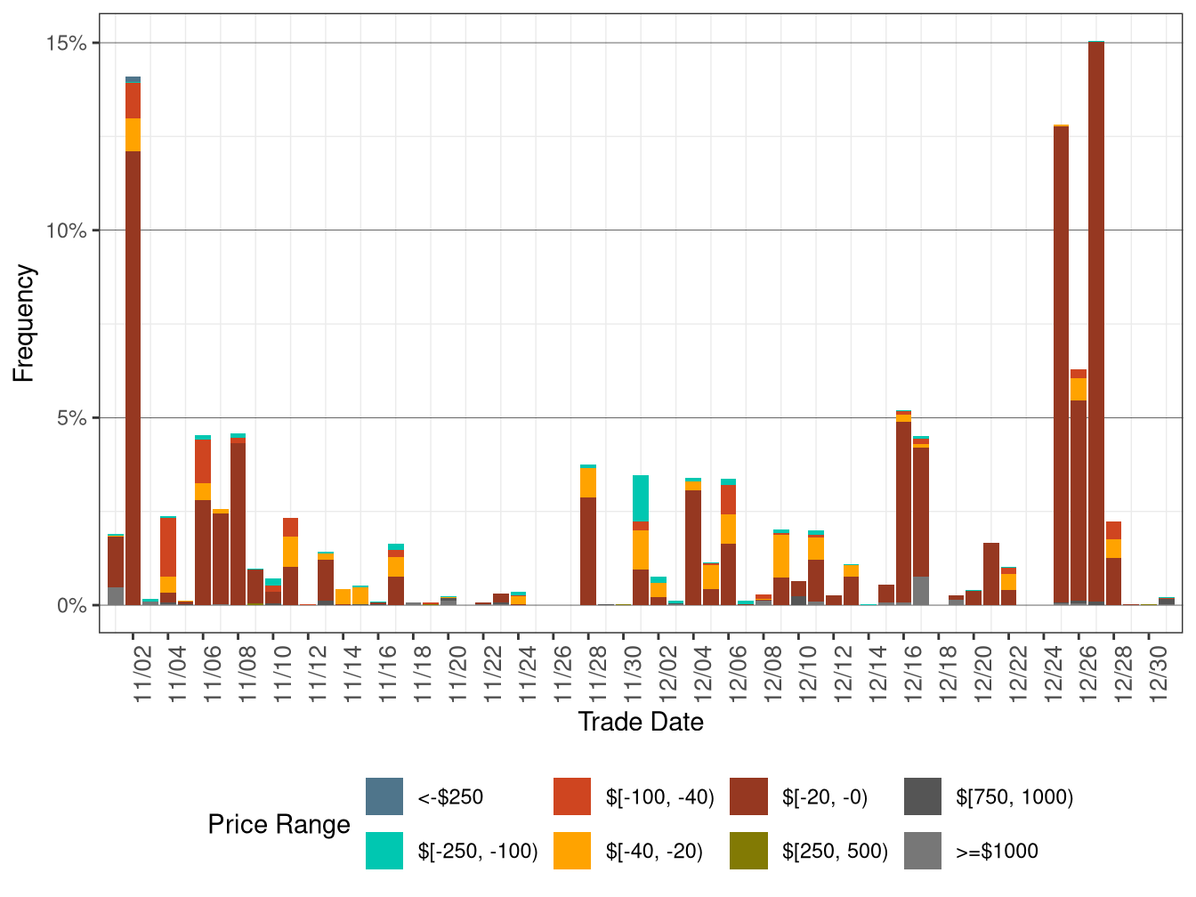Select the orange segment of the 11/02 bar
click(x=133, y=134)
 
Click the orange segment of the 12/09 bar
click(x=781, y=556)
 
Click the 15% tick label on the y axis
click(x=67, y=43)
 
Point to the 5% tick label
click(x=72, y=418)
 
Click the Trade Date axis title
click(x=641, y=722)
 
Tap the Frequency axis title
click(x=24, y=323)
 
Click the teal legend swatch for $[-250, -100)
click(x=384, y=851)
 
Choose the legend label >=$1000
click(x=997, y=851)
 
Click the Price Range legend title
click(x=279, y=824)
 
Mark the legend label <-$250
click(x=450, y=796)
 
